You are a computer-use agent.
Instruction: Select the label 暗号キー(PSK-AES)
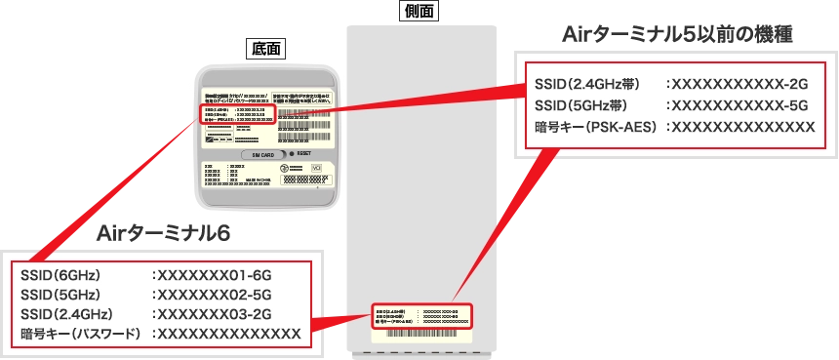[595, 127]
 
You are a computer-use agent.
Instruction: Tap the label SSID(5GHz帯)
[581, 105]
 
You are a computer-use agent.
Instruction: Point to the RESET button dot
[290, 154]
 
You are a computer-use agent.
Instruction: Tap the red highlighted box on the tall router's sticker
[421, 314]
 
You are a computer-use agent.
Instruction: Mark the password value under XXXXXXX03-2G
[228, 334]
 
